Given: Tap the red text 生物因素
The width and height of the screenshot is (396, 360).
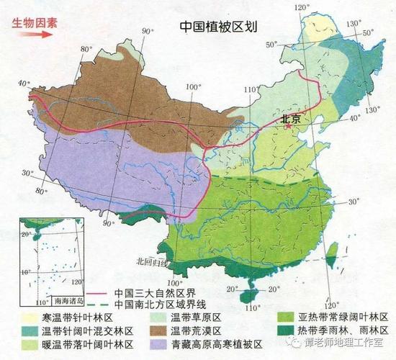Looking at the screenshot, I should (x=33, y=22).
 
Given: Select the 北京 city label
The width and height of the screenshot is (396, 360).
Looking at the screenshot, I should (x=290, y=118).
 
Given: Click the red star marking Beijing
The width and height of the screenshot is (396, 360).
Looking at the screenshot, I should (x=288, y=127).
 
